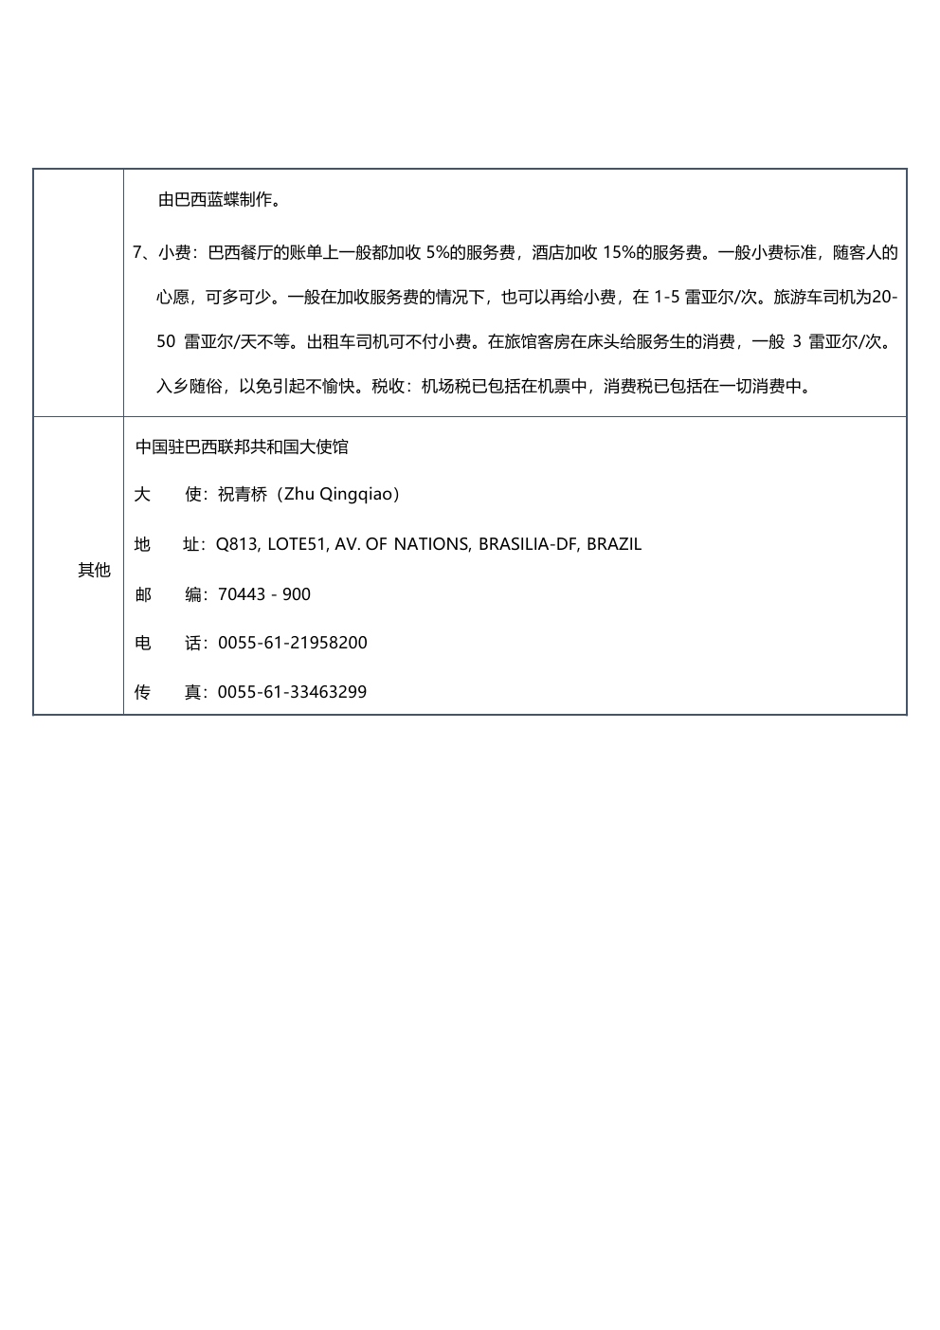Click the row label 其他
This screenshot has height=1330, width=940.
[94, 570]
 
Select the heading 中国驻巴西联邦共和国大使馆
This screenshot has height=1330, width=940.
[242, 446]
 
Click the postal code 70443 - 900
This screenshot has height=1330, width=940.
[263, 594]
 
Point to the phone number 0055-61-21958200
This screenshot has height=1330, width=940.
[292, 643]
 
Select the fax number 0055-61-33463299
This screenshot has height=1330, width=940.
[292, 692]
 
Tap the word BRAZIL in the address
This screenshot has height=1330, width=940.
[614, 544]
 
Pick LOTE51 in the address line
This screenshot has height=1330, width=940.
[297, 544]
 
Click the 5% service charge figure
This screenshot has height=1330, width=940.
[438, 253]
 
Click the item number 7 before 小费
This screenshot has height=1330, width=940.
[137, 253]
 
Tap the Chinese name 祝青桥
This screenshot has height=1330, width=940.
[244, 494]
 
